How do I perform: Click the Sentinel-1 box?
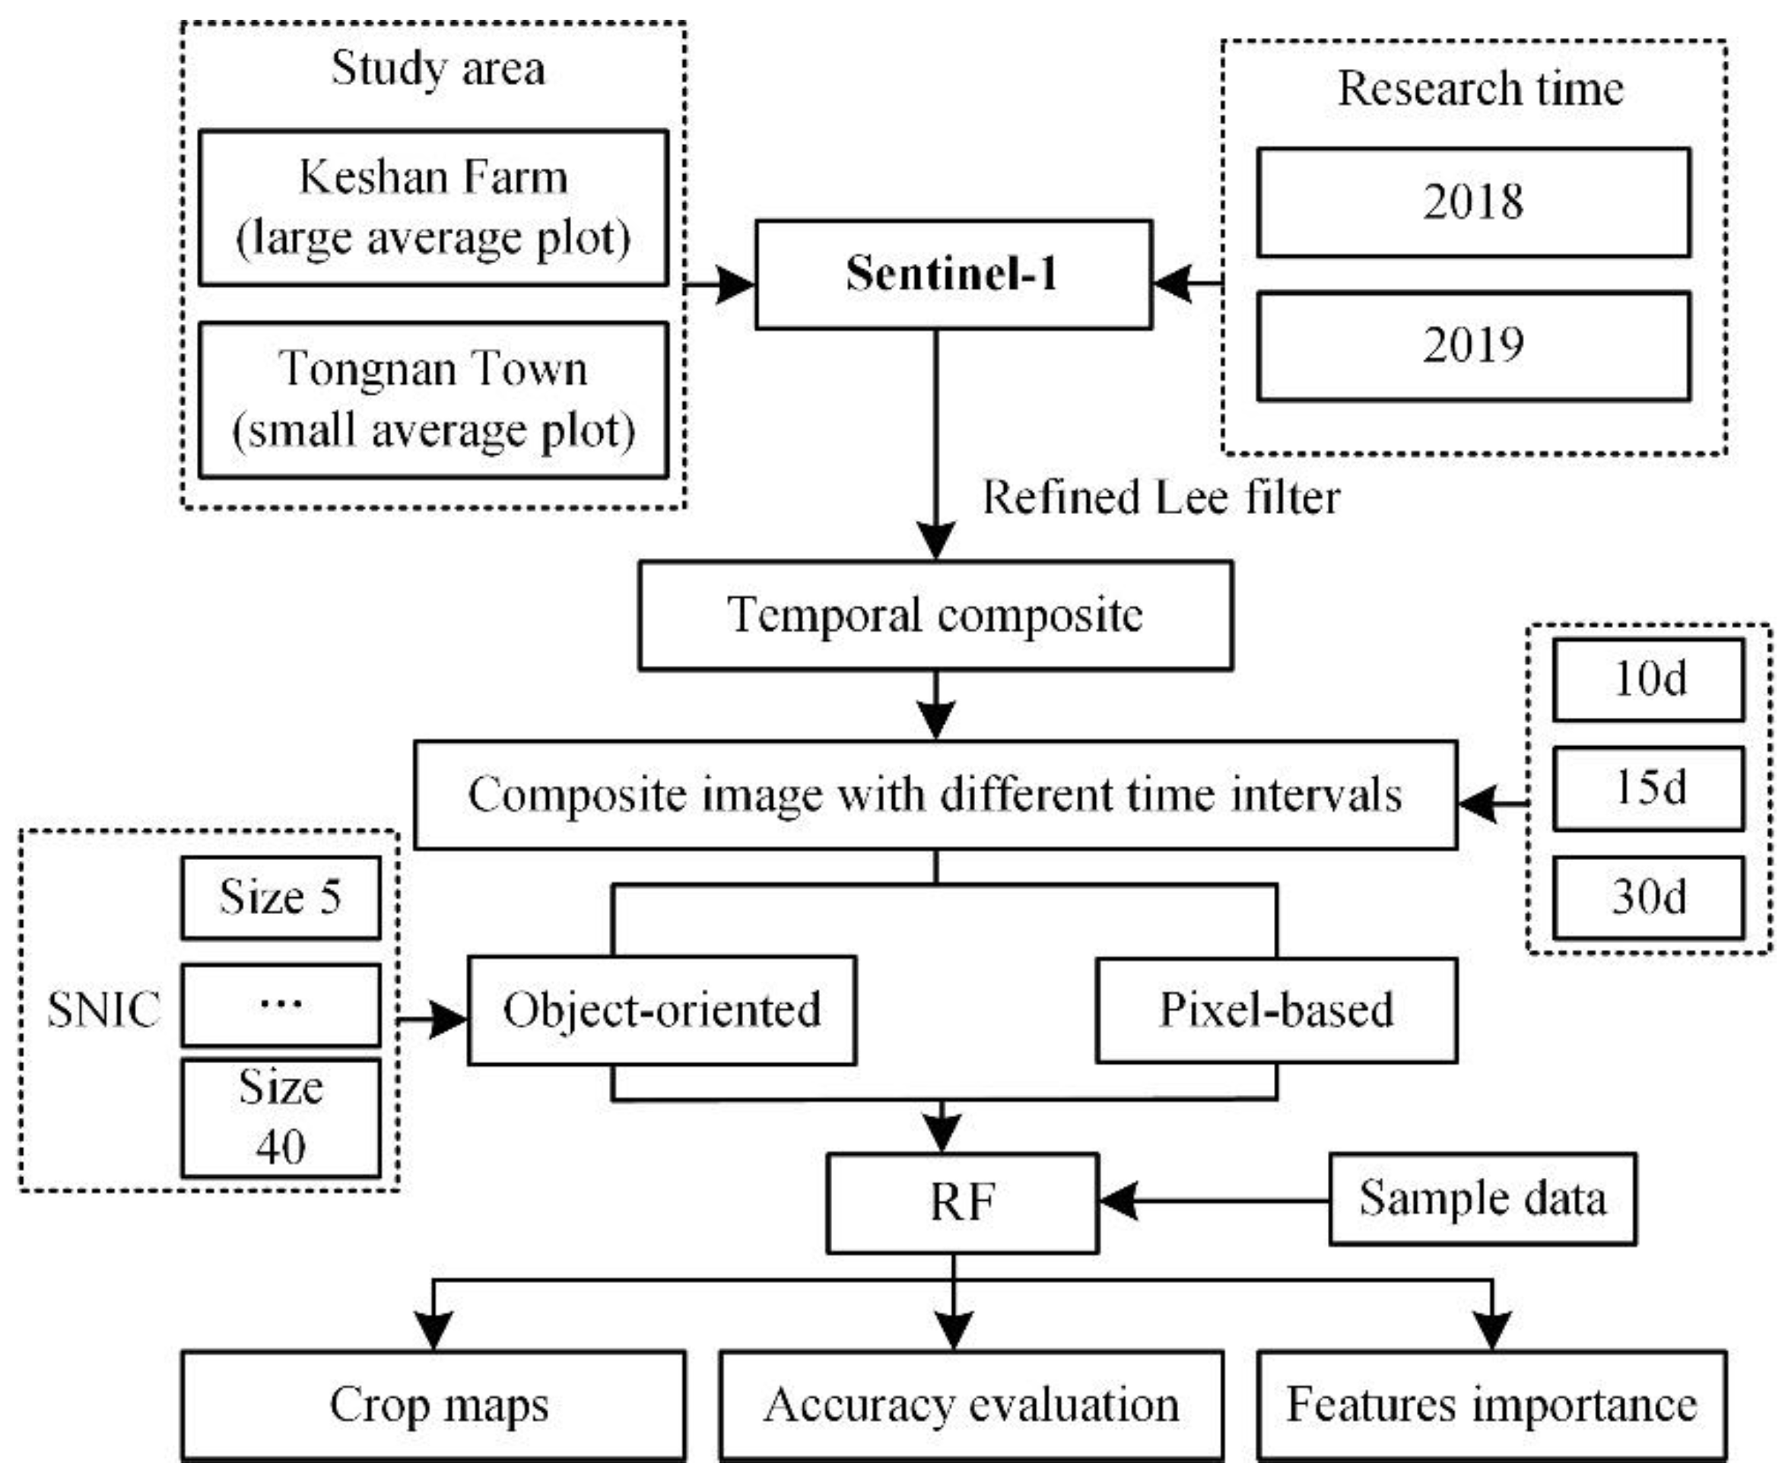(953, 275)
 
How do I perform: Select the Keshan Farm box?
(433, 207)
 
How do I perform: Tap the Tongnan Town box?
(433, 398)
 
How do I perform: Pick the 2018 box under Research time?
(1473, 202)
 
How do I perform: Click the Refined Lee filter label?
(1161, 497)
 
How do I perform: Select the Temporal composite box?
(935, 614)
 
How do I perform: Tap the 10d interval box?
(1647, 680)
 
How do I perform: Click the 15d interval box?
(1647, 788)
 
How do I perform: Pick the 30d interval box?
(1647, 897)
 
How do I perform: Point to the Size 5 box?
(280, 897)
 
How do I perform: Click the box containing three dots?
(280, 1004)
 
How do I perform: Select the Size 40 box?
(280, 1117)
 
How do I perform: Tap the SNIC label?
(103, 1010)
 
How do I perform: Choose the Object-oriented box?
(662, 1010)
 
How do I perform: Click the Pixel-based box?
(1275, 1010)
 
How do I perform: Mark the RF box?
(962, 1202)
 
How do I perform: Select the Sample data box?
(1482, 1199)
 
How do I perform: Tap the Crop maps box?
(433, 1406)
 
